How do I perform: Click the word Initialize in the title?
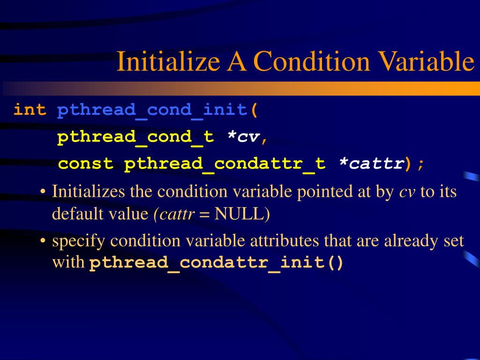pyautogui.click(x=168, y=61)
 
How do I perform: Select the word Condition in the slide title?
pyautogui.click(x=309, y=61)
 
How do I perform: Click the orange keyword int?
pyautogui.click(x=30, y=110)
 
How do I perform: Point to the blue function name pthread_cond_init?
pyautogui.click(x=152, y=110)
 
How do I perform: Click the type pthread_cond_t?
pyautogui.click(x=135, y=137)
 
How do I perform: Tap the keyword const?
pyautogui.click(x=86, y=164)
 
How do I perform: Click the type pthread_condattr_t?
pyautogui.click(x=225, y=164)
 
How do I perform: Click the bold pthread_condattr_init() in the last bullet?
pyautogui.click(x=217, y=262)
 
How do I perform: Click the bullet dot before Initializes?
pyautogui.click(x=43, y=192)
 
